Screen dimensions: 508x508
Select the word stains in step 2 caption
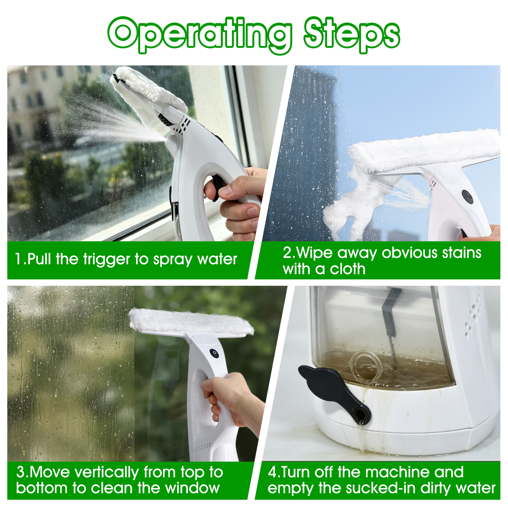click(x=462, y=253)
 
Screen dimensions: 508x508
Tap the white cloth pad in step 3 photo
click(x=191, y=322)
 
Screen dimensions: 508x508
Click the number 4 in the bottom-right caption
click(x=273, y=472)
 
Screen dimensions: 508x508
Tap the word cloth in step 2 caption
click(x=348, y=269)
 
